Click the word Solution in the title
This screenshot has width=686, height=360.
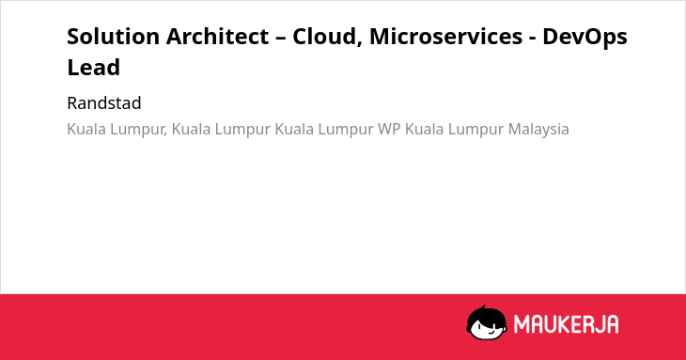(x=113, y=37)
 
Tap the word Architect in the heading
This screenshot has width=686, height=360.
(x=217, y=37)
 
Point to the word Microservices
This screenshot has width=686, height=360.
(x=445, y=37)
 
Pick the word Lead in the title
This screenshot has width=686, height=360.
(x=94, y=68)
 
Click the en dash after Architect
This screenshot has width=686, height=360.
(x=281, y=39)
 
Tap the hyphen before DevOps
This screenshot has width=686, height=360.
(x=533, y=39)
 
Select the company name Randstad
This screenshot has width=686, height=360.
(x=104, y=103)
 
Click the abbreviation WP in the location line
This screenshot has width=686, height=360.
(x=389, y=129)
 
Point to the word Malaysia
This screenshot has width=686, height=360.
(x=538, y=130)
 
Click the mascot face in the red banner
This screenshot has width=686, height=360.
(x=487, y=323)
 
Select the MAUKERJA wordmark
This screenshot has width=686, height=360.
(x=566, y=324)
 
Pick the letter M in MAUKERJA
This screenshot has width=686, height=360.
(x=521, y=324)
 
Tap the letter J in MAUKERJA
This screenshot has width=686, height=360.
(x=598, y=324)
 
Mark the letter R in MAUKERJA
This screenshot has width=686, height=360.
(x=586, y=324)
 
